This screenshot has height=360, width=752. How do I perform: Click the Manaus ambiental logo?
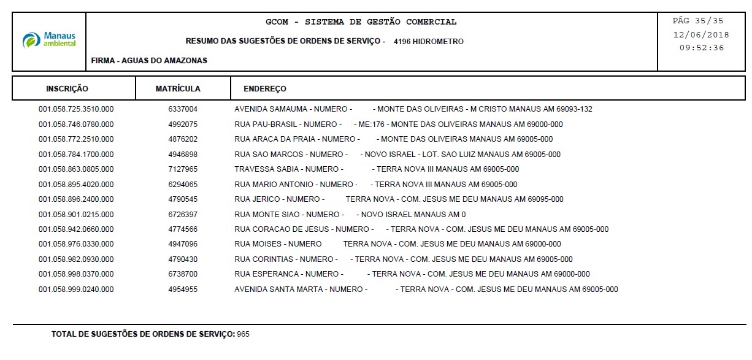pos(49,40)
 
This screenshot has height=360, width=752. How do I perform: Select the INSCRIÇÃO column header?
pos(67,89)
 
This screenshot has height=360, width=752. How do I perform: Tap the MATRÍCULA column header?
pos(178,89)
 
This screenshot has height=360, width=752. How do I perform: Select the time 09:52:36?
pos(701,48)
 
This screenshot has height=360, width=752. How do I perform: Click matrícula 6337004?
pos(183,109)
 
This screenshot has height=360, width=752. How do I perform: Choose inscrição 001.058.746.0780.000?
pos(76,124)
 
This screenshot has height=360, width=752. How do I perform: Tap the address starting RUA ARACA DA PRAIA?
pos(393,139)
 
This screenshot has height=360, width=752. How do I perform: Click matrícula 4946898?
pos(183,155)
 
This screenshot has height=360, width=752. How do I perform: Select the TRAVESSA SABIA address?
pos(377,169)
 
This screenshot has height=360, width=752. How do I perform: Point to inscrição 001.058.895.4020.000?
pos(76,185)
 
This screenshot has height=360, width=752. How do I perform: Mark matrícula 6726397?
pos(183,215)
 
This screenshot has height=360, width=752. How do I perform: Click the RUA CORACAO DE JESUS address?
pos(421,229)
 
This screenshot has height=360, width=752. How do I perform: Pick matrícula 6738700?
pos(183,274)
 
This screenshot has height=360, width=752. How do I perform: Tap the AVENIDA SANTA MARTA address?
pos(426,289)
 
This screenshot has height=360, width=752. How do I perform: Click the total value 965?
pos(244,334)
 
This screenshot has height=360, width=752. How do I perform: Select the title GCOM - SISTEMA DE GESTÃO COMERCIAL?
pos(361,22)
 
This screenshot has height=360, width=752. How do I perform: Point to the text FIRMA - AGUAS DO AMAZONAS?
pos(149,61)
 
